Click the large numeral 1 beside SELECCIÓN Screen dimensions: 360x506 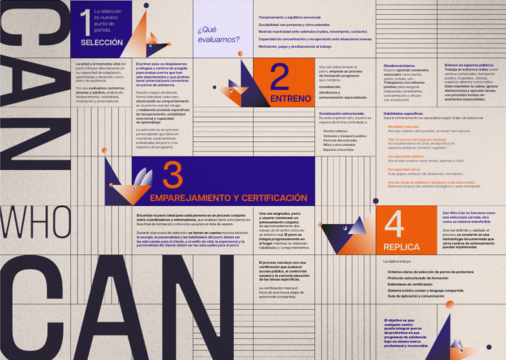pos(85,22)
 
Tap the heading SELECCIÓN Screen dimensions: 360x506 pos(101,43)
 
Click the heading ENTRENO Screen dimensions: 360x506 pos(285,99)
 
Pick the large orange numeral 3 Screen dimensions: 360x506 pos(172,175)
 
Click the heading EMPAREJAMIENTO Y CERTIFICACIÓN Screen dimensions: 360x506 pos(228,197)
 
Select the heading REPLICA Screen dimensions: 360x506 pos(401,247)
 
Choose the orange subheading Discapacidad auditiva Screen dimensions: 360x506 pos(406,155)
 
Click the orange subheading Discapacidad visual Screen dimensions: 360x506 pos(403,170)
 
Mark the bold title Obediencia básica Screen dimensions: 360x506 pos(399,66)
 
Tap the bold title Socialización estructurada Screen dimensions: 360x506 pos(341,113)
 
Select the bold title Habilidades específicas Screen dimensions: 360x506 pos(403,113)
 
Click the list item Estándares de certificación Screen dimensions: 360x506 pos(410,284)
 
